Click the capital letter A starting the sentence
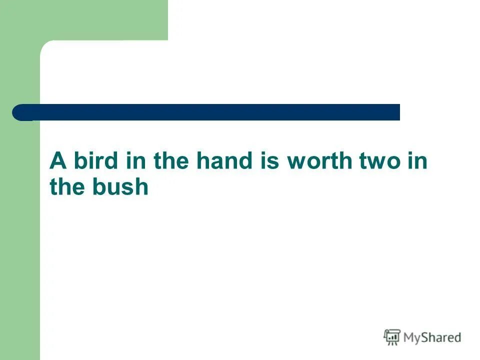click(58, 161)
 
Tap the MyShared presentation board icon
click(392, 337)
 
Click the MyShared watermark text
click(432, 338)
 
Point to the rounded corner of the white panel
click(46, 46)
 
